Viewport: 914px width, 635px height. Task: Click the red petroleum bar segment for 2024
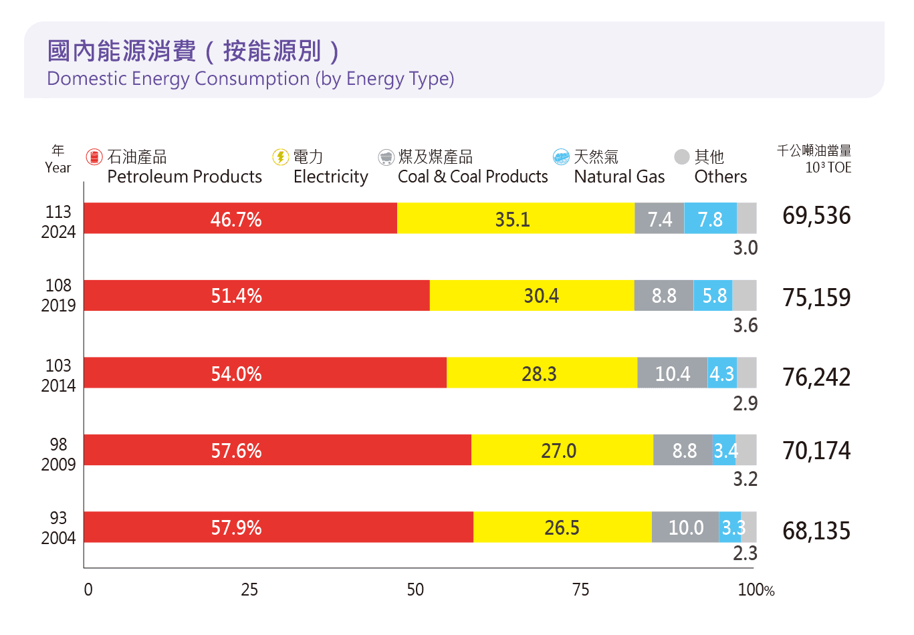[240, 219]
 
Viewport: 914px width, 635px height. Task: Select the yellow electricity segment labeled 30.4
[532, 295]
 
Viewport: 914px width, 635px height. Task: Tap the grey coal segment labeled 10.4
[672, 373]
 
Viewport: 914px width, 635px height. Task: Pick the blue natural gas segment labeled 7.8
[710, 219]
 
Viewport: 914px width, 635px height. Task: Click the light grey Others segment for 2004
[749, 527]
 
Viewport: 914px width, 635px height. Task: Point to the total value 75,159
[816, 297]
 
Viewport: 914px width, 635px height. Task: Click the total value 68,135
[816, 531]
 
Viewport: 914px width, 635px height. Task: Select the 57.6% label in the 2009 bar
[236, 451]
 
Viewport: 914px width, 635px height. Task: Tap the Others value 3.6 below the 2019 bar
[745, 326]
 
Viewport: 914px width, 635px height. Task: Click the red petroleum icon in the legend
[94, 157]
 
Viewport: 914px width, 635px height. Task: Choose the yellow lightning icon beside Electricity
[280, 157]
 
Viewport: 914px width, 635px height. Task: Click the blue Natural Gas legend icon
[561, 157]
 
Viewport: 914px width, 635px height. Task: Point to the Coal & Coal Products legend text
[472, 176]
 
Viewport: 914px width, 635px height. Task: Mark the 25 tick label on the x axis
[249, 590]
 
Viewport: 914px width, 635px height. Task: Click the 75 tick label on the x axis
[580, 590]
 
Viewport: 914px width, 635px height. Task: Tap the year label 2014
[58, 386]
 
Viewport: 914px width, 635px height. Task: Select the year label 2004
[58, 538]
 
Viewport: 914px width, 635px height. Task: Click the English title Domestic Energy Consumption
[250, 79]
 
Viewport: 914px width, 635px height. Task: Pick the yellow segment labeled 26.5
[562, 527]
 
